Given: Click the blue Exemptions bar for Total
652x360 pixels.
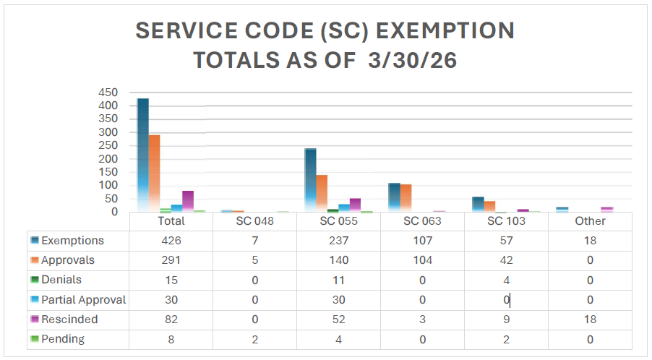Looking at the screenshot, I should point(143,155).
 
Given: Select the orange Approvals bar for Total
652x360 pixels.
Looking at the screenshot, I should point(154,173).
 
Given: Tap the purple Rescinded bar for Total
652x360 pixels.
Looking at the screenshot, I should point(188,201).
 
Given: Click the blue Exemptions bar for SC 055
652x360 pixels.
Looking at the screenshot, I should point(310,180).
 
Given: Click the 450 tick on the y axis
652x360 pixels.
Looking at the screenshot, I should point(108,93).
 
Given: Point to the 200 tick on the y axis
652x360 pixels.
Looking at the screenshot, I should point(108,159).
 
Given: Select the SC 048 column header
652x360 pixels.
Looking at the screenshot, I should point(254,221).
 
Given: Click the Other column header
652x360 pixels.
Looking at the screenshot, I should point(590,221).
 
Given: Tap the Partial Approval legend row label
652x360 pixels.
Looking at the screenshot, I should point(83,300).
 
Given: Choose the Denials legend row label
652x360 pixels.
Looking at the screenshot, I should point(61,280).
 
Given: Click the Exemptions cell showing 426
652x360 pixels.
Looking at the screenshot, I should point(171,241).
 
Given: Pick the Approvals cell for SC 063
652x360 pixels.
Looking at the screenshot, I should point(422,260).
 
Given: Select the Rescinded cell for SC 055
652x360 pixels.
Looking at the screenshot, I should point(338,320).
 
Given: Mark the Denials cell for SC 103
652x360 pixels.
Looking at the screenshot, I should point(506,280).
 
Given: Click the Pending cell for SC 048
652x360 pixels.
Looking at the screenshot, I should point(254,339).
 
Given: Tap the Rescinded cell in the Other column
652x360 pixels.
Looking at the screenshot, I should point(590,320).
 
